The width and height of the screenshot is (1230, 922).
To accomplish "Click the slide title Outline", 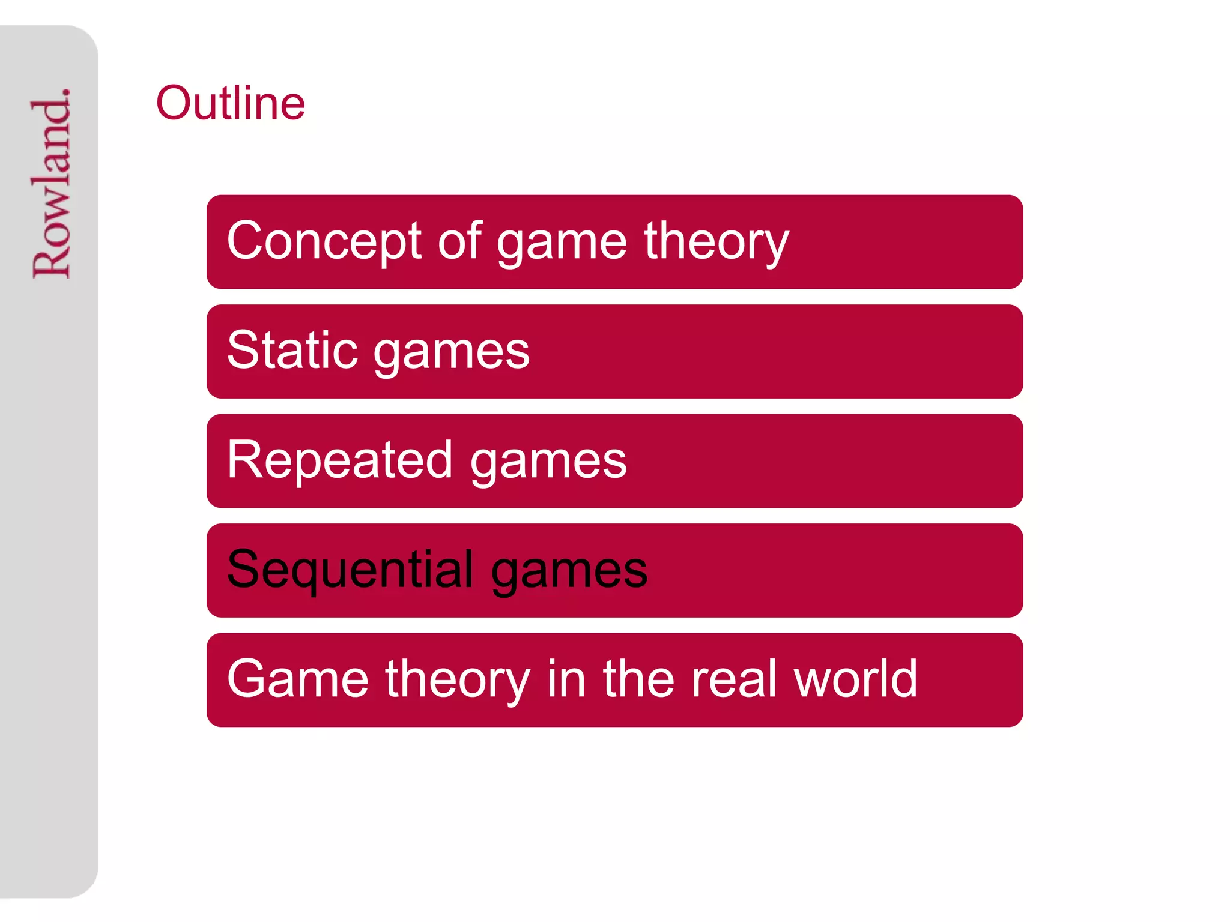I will point(231,103).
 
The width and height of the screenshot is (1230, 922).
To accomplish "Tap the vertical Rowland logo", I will point(52,183).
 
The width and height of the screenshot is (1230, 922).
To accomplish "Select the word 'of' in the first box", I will point(459,241).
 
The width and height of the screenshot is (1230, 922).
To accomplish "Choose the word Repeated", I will point(340,460).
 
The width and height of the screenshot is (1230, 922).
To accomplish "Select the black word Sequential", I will point(351,570).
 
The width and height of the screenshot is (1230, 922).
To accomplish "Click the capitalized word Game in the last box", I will point(298,679).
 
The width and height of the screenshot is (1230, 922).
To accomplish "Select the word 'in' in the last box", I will point(566,679).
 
